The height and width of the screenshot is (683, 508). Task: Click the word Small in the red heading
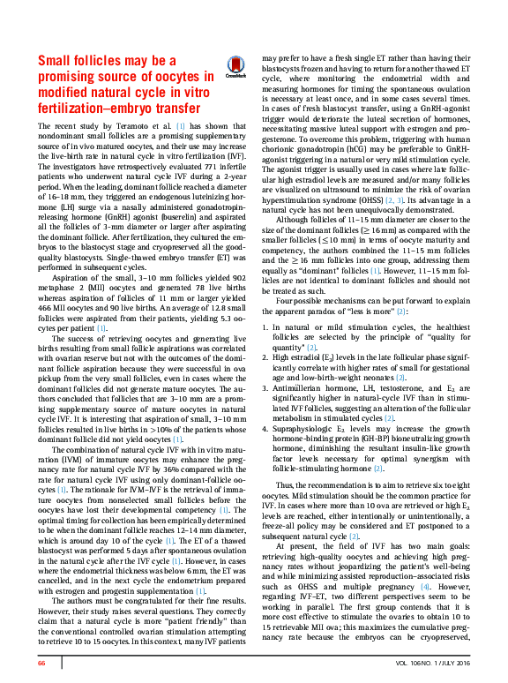(x=57, y=62)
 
